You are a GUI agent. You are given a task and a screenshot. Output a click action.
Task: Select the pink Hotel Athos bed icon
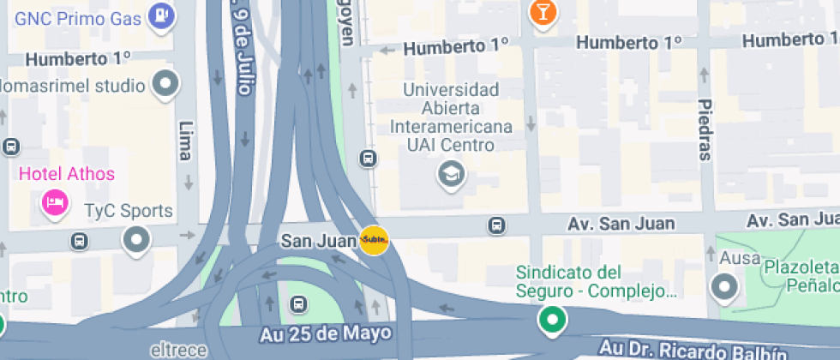55,203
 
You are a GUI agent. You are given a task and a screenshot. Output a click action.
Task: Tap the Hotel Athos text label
67,174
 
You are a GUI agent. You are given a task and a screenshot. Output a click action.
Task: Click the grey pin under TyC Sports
137,240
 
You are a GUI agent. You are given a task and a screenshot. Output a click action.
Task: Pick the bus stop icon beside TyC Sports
80,241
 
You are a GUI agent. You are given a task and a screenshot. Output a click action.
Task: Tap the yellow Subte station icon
375,241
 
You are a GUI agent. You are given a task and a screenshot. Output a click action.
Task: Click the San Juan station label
318,242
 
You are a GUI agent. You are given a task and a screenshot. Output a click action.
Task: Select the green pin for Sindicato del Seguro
553,321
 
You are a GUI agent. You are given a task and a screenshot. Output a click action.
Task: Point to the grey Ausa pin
725,287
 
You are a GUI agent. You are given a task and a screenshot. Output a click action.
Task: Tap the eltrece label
179,351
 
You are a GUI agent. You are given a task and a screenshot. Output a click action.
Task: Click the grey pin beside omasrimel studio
165,83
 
